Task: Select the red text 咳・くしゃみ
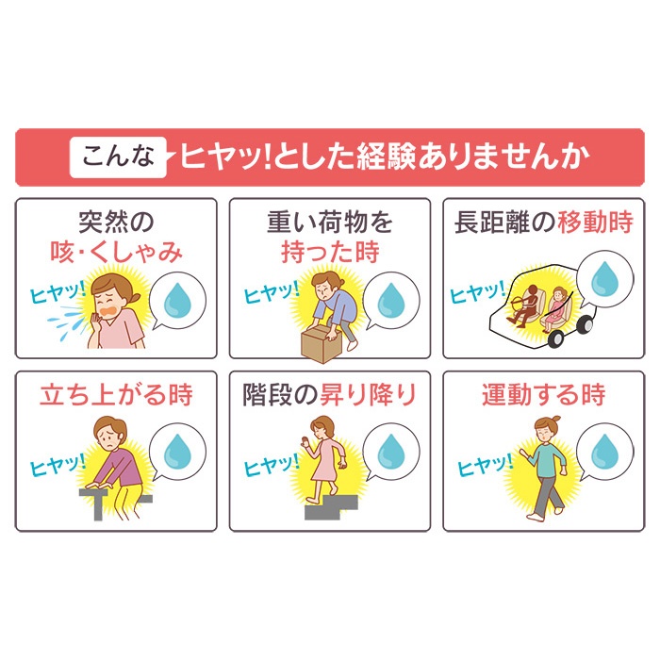pyautogui.click(x=116, y=252)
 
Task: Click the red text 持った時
pyautogui.click(x=329, y=252)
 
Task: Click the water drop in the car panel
pyautogui.click(x=603, y=279)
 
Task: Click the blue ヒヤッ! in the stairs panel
pyautogui.click(x=272, y=464)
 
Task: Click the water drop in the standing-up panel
pyautogui.click(x=176, y=453)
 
